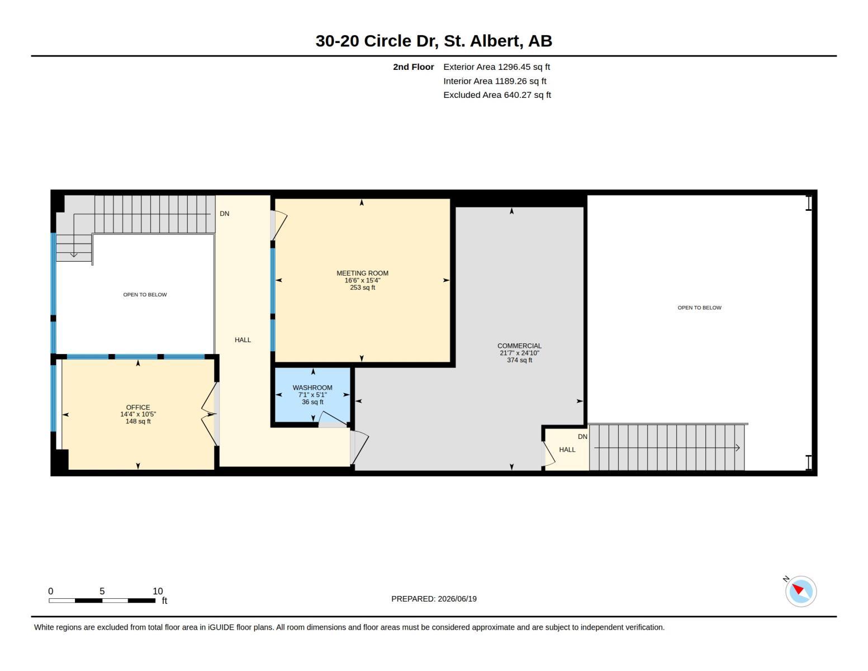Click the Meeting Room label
click(x=362, y=273)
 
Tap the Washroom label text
click(x=312, y=388)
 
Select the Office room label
click(x=138, y=407)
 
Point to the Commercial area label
click(x=519, y=346)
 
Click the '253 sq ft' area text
click(x=362, y=287)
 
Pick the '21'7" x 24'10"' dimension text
click(x=519, y=353)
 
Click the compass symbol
click(x=800, y=592)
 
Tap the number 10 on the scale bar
click(x=158, y=591)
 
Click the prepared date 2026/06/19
click(x=457, y=599)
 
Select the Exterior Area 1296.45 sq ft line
click(x=496, y=67)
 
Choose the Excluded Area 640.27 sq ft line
click(x=497, y=94)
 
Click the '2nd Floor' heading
click(x=413, y=67)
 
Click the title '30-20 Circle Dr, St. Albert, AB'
click(x=434, y=41)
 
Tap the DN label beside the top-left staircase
click(x=225, y=214)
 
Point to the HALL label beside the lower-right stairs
click(x=567, y=450)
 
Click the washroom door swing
click(x=333, y=419)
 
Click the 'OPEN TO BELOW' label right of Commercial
click(x=699, y=308)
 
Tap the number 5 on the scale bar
click(x=102, y=591)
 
